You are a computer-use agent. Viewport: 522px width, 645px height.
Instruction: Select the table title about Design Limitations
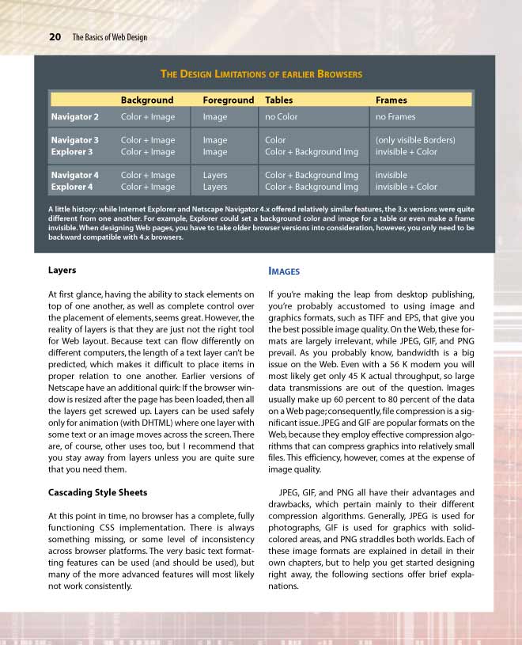261,74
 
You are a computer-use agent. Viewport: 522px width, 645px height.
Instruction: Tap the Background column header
146,101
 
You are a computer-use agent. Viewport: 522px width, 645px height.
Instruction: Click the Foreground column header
228,101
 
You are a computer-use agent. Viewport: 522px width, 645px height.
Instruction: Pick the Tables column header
278,101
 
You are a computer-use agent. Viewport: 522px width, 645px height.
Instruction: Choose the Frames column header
391,101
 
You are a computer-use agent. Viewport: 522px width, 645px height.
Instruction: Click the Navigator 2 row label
74,117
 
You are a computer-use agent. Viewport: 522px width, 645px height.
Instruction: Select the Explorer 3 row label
72,152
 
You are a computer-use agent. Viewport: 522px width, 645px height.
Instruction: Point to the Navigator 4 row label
74,175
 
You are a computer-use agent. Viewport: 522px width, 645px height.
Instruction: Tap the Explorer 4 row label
72,187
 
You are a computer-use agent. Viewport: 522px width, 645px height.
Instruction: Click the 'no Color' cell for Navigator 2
282,117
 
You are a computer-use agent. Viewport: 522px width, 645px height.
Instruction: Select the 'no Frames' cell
395,117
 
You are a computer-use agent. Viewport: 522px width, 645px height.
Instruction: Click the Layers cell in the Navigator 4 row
214,175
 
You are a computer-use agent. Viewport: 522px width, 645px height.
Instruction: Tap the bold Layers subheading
62,270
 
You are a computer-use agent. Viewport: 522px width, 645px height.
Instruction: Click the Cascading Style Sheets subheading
98,493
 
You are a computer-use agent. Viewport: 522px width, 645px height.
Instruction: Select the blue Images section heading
284,271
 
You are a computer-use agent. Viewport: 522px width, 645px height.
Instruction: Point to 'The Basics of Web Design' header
109,37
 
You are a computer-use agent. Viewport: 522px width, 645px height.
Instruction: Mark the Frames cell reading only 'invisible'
391,175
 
